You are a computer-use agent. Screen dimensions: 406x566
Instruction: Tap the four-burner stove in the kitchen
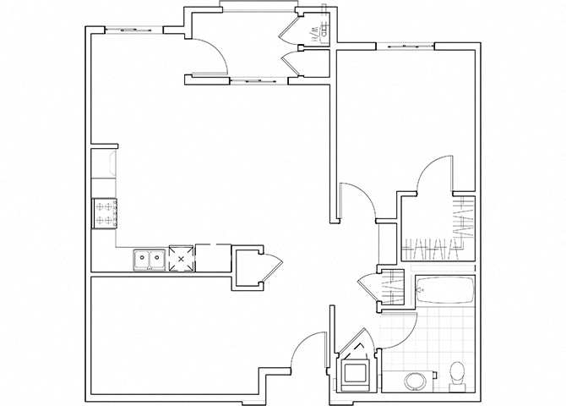pyautogui.click(x=105, y=212)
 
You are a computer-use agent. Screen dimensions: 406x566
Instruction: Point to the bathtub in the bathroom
pyautogui.click(x=444, y=292)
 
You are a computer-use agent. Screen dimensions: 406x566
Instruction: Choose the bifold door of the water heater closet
pyautogui.click(x=293, y=30)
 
